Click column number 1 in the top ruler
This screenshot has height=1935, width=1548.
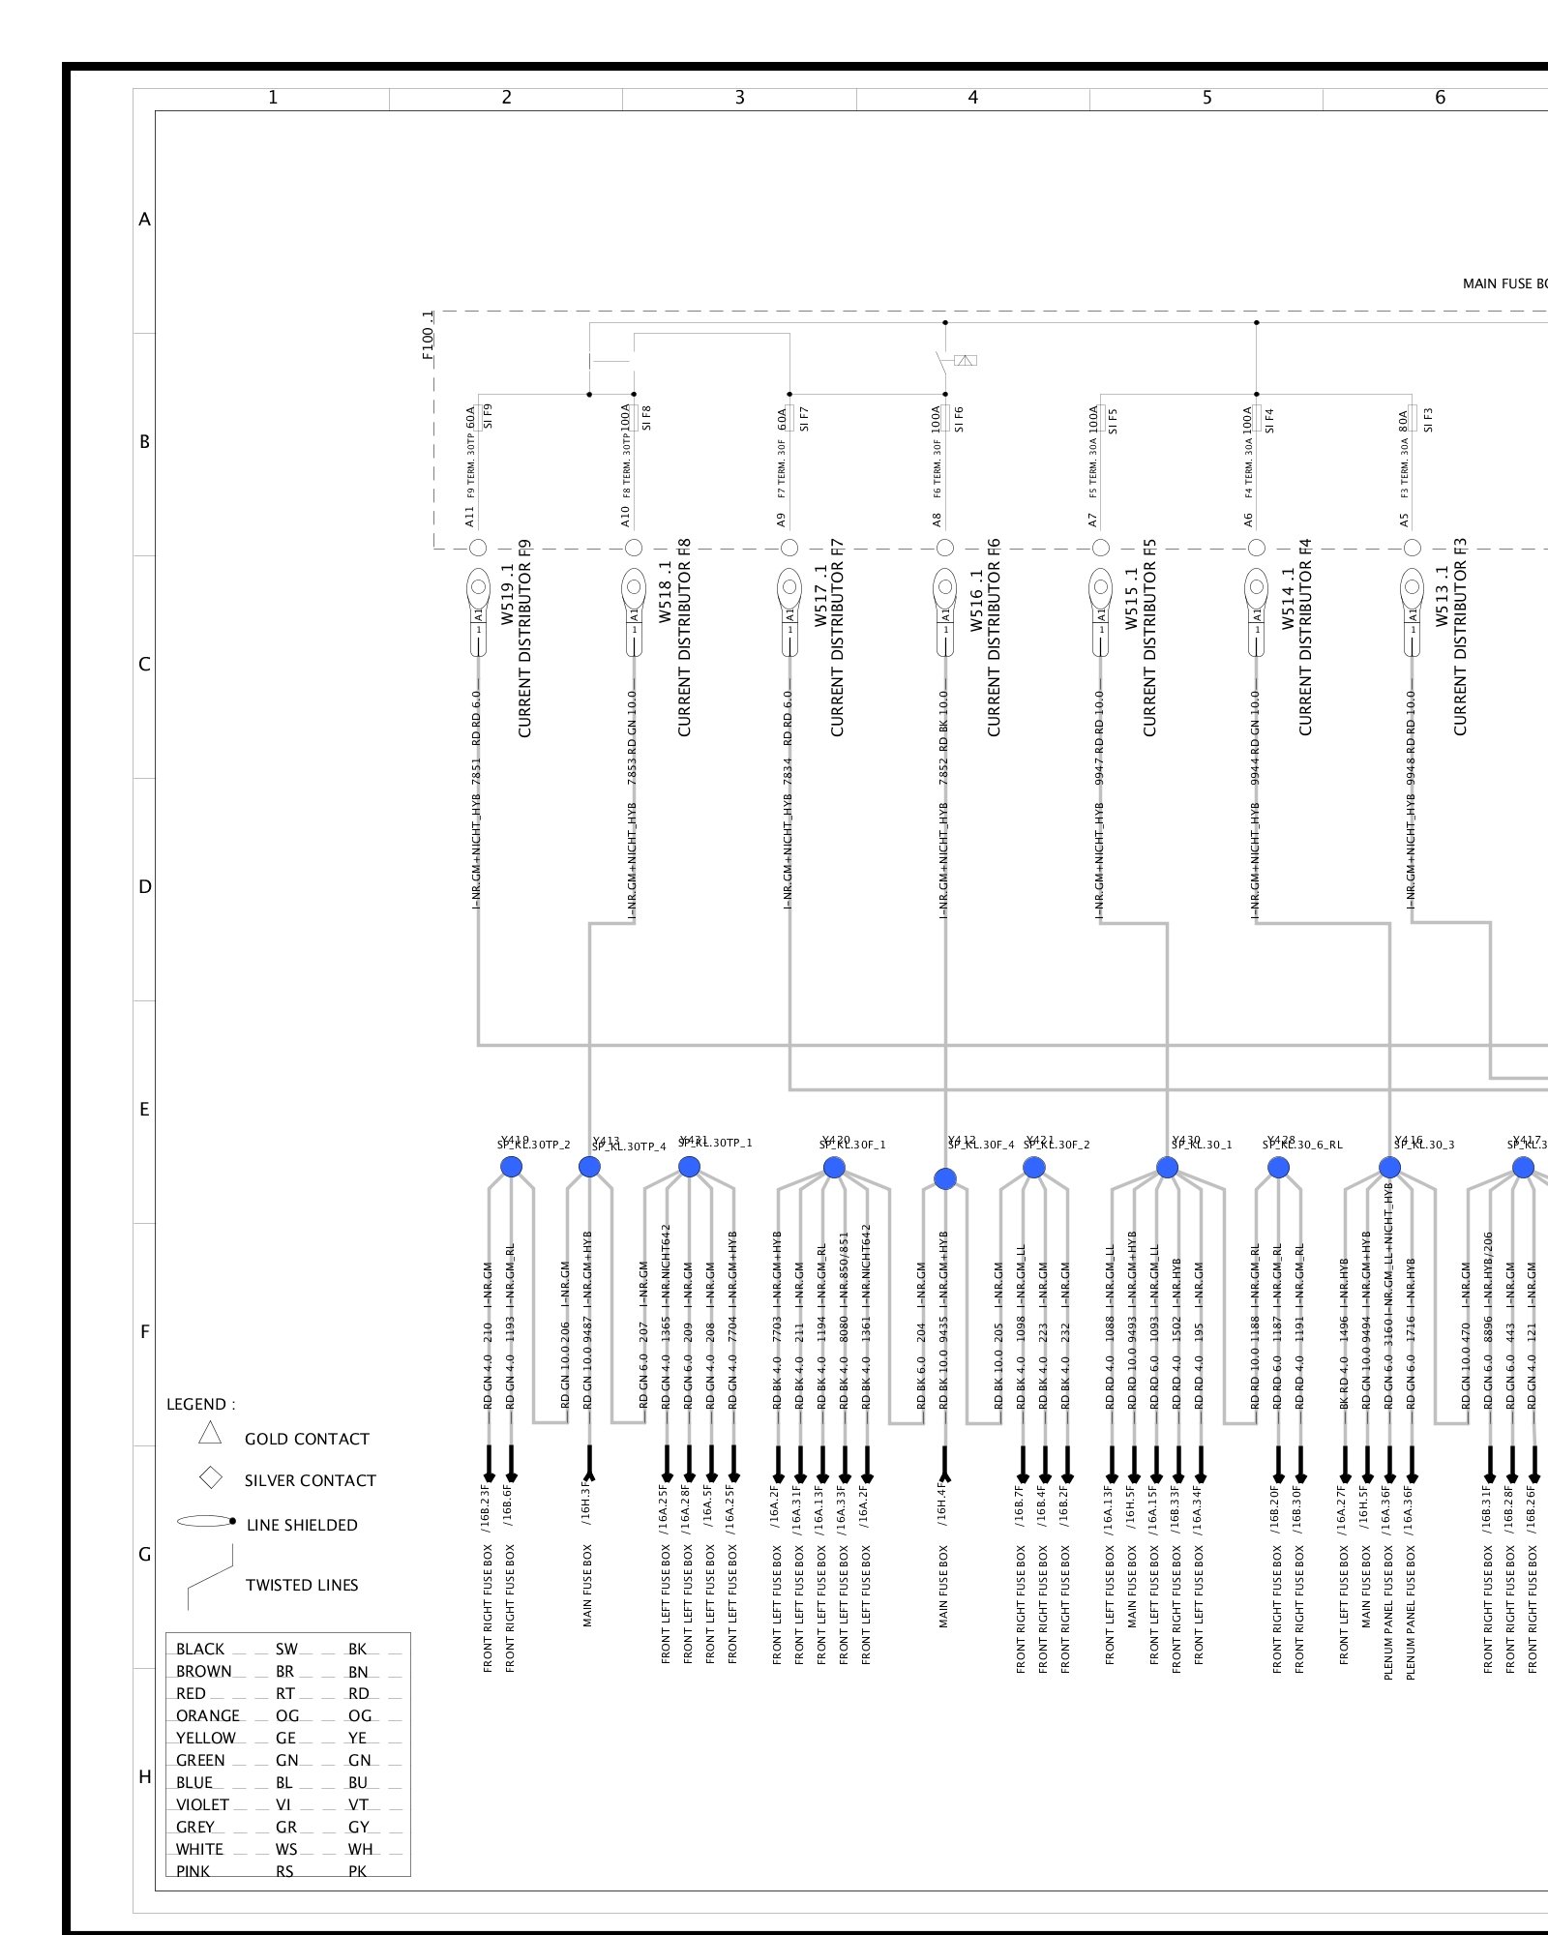pyautogui.click(x=273, y=98)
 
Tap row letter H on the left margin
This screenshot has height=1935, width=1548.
pyautogui.click(x=145, y=1777)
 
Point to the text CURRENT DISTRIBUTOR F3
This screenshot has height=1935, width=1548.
pyautogui.click(x=1461, y=637)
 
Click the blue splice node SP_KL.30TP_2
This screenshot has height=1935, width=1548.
pyautogui.click(x=512, y=1167)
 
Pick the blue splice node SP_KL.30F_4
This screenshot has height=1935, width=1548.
pyautogui.click(x=945, y=1178)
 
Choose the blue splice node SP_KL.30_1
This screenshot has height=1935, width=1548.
pyautogui.click(x=1168, y=1168)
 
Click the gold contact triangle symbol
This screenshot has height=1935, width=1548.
pyautogui.click(x=210, y=1434)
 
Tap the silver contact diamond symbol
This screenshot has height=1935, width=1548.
pyautogui.click(x=210, y=1478)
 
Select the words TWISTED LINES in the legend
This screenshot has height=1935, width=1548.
pyautogui.click(x=302, y=1585)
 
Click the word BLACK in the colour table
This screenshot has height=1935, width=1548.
pyautogui.click(x=200, y=1650)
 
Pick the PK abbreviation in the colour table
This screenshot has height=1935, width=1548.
pyautogui.click(x=358, y=1871)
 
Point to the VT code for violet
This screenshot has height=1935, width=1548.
pyautogui.click(x=359, y=1804)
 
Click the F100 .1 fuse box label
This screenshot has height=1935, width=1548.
pyautogui.click(x=428, y=335)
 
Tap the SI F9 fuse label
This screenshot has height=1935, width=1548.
pyautogui.click(x=488, y=416)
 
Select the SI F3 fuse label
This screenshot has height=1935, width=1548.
pyautogui.click(x=1428, y=420)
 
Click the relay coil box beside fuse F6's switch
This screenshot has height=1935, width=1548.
pyautogui.click(x=966, y=360)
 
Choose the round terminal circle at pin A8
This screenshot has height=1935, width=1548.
pyautogui.click(x=945, y=548)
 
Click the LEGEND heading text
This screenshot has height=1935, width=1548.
pyautogui.click(x=200, y=1404)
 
